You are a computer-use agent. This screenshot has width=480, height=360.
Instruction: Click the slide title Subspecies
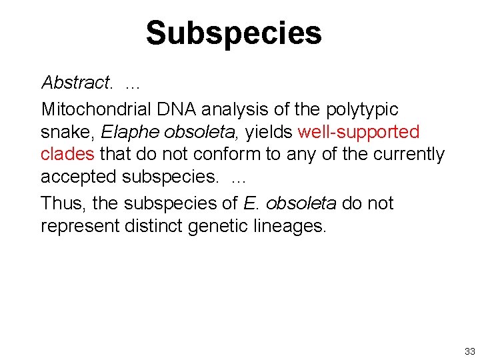233,33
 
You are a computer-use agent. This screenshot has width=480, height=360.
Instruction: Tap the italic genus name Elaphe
124,132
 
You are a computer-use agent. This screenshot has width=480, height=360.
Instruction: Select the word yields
269,132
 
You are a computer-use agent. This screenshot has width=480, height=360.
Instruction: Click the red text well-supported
359,132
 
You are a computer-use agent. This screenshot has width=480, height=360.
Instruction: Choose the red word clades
67,155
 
